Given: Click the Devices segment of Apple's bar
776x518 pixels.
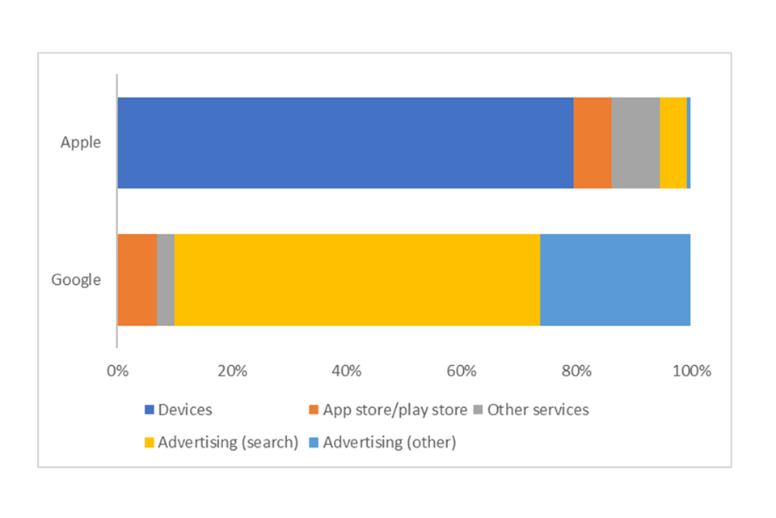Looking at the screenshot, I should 345,143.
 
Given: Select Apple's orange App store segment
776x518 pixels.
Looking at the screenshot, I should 593,143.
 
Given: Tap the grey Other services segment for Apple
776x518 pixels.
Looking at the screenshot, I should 635,143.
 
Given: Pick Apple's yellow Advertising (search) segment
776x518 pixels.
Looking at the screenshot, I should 673,143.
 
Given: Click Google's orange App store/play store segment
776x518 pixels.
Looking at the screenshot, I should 137,280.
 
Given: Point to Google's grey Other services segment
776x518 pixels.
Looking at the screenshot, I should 165,280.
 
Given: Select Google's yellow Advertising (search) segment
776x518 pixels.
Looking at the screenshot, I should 356,280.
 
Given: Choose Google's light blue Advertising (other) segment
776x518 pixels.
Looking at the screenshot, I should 615,280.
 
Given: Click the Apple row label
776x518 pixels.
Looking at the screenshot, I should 81,142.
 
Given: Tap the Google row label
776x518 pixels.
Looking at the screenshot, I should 76,280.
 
